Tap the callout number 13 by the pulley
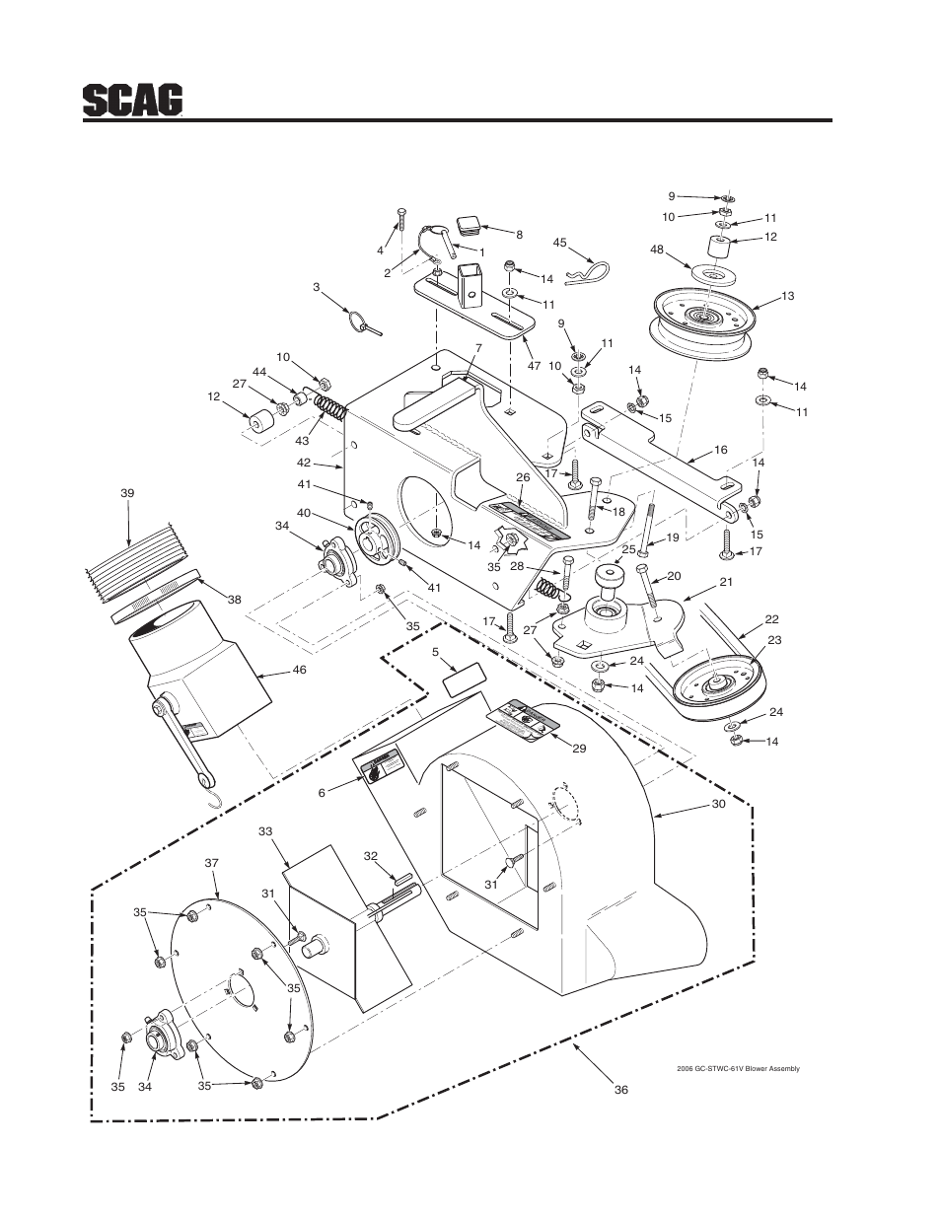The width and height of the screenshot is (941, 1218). [787, 296]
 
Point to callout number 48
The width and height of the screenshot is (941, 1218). [655, 250]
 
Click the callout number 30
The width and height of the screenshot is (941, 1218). [717, 806]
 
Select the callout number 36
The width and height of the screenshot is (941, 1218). [620, 1091]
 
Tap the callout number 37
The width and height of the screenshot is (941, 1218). [210, 862]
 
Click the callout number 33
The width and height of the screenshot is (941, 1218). [264, 831]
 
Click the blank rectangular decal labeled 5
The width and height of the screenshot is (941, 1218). [464, 679]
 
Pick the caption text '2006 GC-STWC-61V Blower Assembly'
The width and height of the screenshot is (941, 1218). [737, 1069]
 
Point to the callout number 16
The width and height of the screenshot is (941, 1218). [720, 449]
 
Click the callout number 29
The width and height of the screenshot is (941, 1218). [579, 749]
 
